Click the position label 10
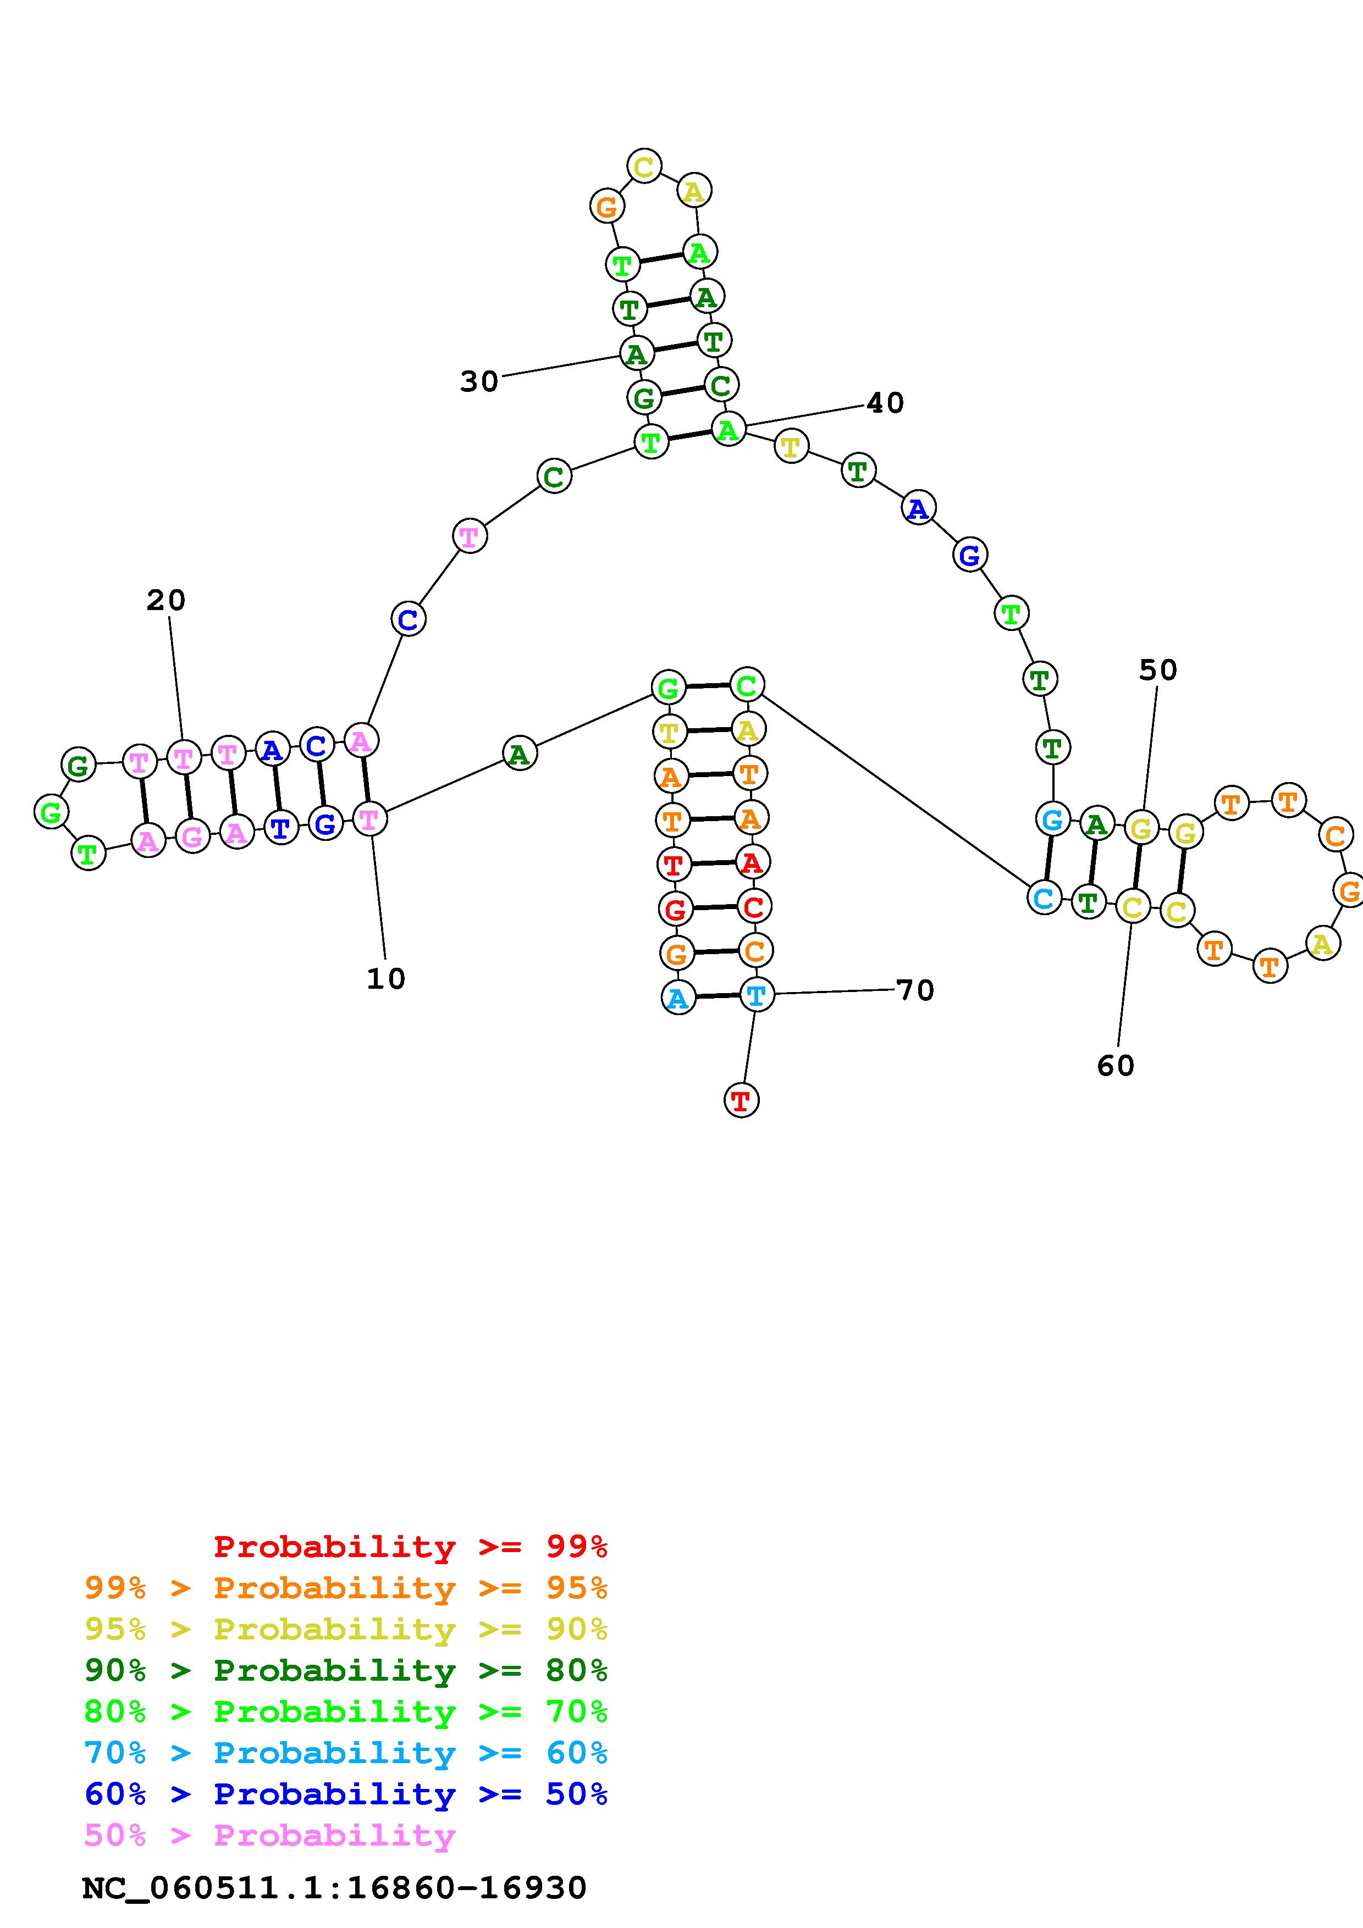[x=385, y=978]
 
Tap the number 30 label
[x=479, y=382]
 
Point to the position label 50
[x=1157, y=670]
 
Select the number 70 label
[x=914, y=991]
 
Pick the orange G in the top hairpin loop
[x=606, y=206]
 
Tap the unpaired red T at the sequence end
[x=741, y=1100]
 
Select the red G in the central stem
[x=675, y=908]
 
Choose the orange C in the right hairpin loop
[x=1334, y=835]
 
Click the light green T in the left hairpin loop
[x=87, y=854]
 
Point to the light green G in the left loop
[x=51, y=812]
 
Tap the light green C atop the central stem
[x=746, y=685]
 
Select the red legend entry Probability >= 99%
[x=410, y=1547]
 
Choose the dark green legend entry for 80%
[x=345, y=1670]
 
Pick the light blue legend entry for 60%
[x=345, y=1753]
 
